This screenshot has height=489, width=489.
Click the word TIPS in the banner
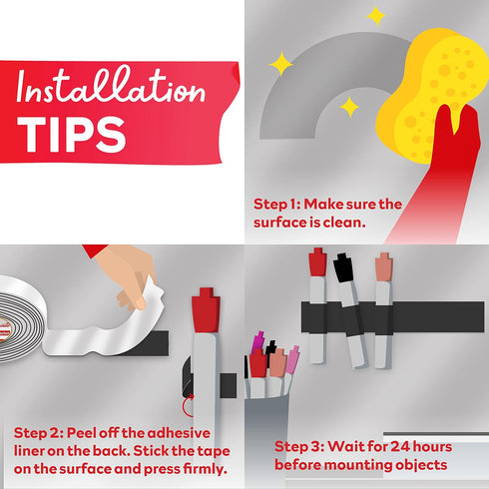[72, 135]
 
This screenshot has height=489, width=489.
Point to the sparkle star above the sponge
[376, 16]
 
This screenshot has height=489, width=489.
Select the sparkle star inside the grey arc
[349, 107]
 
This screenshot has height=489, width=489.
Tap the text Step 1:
[277, 205]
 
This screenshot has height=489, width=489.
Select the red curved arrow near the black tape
[189, 405]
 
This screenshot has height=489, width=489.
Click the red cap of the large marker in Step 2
[206, 310]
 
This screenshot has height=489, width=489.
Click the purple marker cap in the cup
[257, 342]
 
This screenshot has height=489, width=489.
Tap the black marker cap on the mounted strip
[343, 268]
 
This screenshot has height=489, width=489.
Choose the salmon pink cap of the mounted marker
[384, 266]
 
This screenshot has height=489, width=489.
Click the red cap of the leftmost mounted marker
[317, 262]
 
